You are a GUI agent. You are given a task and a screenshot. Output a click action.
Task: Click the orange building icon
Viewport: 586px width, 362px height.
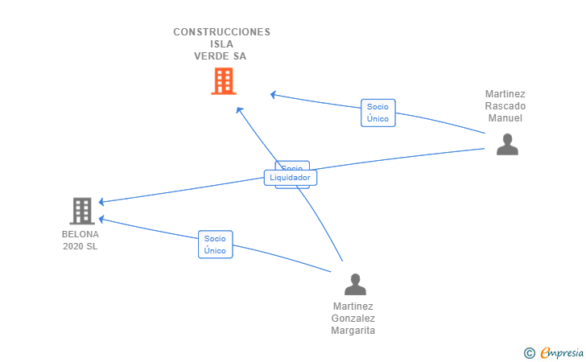(x=223, y=80)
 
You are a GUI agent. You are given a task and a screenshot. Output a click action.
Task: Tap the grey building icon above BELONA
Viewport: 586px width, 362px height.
(x=81, y=211)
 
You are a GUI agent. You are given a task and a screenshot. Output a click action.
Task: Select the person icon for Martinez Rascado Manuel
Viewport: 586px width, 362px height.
(x=506, y=144)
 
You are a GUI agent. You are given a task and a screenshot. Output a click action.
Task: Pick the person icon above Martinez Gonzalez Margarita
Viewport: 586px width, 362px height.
(x=354, y=284)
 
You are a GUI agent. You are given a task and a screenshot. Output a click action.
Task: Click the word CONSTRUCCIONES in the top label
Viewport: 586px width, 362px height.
(x=221, y=32)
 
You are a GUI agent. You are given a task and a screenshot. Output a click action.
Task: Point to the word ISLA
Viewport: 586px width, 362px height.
(x=221, y=44)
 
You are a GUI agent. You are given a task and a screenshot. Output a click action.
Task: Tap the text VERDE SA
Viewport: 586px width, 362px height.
(x=221, y=56)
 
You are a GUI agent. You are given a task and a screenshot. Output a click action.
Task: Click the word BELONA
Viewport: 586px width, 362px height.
(x=80, y=235)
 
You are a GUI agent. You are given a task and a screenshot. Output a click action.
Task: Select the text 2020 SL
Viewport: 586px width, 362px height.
(x=80, y=246)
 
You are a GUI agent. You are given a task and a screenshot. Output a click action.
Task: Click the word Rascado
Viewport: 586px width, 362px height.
(x=506, y=106)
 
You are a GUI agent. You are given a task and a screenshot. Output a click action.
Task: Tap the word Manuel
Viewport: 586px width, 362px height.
(x=506, y=118)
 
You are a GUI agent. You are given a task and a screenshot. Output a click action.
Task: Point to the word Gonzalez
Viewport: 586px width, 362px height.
(x=353, y=319)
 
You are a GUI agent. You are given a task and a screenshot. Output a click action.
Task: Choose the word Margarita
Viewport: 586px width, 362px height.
(x=353, y=331)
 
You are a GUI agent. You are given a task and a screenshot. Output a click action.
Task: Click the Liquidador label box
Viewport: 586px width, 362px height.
(x=290, y=178)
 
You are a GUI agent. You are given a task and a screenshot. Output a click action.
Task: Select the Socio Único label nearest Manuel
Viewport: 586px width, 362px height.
(x=378, y=113)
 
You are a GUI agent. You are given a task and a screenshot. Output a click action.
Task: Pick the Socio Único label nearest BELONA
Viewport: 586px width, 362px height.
(x=215, y=245)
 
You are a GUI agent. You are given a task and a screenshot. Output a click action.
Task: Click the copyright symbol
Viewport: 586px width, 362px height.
(x=529, y=352)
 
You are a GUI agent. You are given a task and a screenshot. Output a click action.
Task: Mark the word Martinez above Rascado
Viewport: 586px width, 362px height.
(x=506, y=94)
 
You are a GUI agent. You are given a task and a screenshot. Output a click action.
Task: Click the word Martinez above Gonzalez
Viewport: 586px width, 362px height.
(x=353, y=306)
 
